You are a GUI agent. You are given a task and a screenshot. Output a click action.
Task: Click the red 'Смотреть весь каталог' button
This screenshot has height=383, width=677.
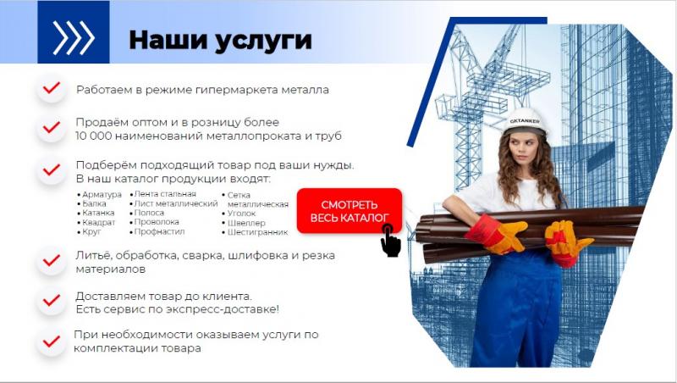click(x=350, y=210)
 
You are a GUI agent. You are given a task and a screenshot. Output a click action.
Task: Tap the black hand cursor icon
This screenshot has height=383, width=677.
click(x=391, y=241)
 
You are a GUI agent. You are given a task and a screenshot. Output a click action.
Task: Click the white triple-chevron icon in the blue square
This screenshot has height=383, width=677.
click(x=74, y=37)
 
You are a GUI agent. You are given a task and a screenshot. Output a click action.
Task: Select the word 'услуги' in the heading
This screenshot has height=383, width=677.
click(x=263, y=41)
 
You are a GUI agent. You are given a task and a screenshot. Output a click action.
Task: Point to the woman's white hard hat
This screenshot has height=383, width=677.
click(x=525, y=121)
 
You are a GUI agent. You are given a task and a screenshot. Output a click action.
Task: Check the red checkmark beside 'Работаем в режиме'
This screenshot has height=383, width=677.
click(x=52, y=88)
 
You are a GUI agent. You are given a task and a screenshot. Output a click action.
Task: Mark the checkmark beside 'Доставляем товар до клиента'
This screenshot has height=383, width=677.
click(x=52, y=300)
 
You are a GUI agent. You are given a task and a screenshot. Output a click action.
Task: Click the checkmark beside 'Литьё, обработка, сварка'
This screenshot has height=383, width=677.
click(x=52, y=260)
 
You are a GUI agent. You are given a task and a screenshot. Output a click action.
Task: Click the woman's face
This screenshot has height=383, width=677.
click(x=523, y=149)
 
